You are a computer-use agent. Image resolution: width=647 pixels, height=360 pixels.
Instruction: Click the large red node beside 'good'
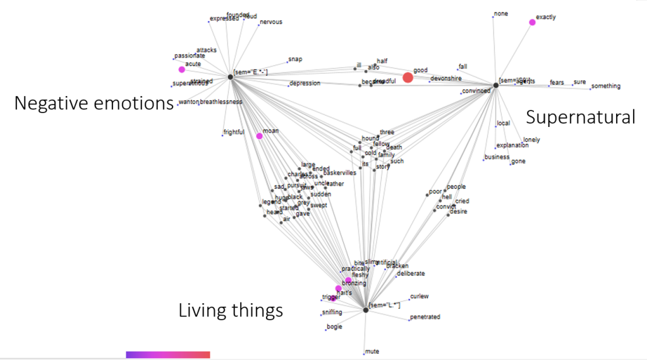click(408, 78)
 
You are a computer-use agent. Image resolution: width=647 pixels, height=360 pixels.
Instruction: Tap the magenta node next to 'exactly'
click(532, 22)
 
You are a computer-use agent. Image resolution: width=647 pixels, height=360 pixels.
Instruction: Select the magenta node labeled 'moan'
click(259, 136)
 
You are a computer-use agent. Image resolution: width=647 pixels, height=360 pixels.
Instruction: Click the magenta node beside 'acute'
click(181, 69)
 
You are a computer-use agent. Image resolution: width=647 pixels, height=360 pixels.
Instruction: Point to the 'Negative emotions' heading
click(94, 103)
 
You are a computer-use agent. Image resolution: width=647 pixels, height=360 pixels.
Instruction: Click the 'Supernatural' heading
click(580, 117)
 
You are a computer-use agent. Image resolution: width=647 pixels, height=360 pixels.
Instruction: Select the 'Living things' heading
click(231, 310)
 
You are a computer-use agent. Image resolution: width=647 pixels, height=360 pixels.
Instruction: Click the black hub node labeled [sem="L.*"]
click(366, 309)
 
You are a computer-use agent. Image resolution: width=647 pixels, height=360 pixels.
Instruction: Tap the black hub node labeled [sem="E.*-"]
click(230, 76)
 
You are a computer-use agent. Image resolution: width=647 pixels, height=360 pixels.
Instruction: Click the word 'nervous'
click(270, 22)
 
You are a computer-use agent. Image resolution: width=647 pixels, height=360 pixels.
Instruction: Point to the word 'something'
click(606, 87)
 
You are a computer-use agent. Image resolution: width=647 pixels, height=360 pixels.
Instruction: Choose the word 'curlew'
click(420, 296)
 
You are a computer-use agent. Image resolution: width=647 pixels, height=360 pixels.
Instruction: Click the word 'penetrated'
click(425, 317)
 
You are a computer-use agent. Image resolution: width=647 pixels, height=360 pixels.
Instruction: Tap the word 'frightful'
click(234, 133)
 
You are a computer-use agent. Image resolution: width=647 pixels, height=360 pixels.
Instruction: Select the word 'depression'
click(305, 83)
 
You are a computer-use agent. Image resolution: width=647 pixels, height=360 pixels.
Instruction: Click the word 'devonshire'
click(446, 78)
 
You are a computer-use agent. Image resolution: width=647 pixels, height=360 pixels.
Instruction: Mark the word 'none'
click(501, 13)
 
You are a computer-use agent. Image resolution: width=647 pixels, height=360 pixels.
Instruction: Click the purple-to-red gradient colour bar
click(167, 355)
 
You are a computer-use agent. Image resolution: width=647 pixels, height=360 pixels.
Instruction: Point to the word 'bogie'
click(334, 327)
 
